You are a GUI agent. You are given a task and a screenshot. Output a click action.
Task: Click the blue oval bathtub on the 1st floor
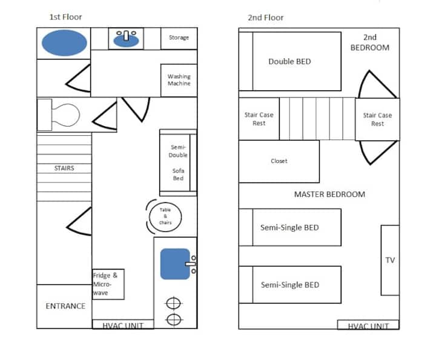[x=64, y=43]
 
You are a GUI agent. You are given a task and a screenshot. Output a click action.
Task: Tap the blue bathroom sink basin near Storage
[x=126, y=41]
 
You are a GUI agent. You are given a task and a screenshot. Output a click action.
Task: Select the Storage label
[x=179, y=38]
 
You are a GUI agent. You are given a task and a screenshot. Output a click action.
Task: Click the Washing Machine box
[x=179, y=81]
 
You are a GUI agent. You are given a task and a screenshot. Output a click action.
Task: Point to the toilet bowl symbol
[x=65, y=115]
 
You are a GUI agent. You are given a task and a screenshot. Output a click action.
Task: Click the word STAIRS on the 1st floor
[x=64, y=168]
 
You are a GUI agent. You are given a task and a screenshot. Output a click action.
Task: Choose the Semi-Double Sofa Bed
[x=178, y=162]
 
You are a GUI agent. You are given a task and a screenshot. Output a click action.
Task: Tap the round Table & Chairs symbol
[x=165, y=216]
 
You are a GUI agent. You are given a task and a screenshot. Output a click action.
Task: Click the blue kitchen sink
[x=175, y=264]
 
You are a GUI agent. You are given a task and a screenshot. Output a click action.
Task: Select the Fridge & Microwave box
[x=108, y=284]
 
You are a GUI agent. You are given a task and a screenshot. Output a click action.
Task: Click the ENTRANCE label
[x=65, y=306]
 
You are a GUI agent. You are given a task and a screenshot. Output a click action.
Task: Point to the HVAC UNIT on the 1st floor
[x=123, y=324]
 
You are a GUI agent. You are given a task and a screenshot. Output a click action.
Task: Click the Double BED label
[x=289, y=61]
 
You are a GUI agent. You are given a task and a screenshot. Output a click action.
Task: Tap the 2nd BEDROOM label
[x=370, y=42]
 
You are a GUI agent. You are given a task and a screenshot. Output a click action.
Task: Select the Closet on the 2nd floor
[x=279, y=161]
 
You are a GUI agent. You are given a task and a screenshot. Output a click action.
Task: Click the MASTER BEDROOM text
[x=329, y=194]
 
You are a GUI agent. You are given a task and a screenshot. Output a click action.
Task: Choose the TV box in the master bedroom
[x=390, y=260]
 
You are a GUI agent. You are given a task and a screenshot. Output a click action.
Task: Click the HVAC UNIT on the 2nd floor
[x=368, y=325]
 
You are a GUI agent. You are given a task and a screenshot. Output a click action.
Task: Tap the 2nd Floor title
[x=266, y=18]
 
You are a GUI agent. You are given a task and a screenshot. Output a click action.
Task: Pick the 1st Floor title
[x=65, y=17]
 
